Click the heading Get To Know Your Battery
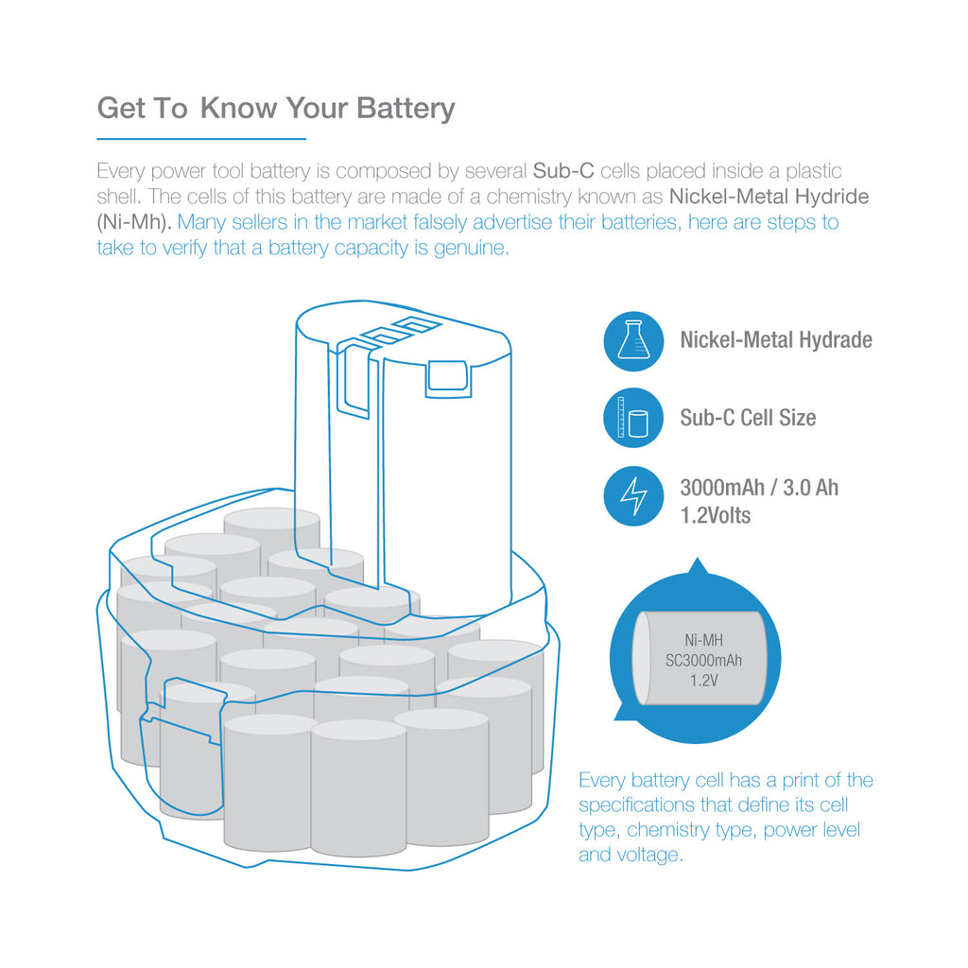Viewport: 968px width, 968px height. coord(276,109)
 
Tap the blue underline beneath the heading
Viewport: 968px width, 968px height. coord(201,139)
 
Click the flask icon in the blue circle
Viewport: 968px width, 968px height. coord(633,339)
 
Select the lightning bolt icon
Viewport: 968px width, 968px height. coord(633,496)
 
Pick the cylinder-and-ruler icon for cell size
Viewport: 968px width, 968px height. coord(633,418)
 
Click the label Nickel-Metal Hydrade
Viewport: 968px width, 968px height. coord(776,340)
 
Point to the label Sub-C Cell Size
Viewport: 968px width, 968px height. coord(748,418)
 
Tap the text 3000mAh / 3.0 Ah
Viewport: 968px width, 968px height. coord(759,488)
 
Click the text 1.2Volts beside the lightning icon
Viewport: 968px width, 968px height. coord(715,515)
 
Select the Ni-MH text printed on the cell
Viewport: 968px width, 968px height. coord(703,640)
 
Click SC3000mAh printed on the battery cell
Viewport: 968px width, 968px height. coord(703,661)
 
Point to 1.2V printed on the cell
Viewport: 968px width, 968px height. coord(703,681)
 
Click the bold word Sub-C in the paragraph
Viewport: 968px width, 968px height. coord(563,170)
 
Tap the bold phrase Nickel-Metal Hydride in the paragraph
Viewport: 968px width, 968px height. coord(769,197)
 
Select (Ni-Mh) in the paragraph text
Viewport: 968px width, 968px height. coord(134,222)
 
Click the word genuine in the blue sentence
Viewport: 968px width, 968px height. coord(471,249)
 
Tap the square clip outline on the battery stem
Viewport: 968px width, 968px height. coord(448,378)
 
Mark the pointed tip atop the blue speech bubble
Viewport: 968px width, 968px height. coord(698,559)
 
